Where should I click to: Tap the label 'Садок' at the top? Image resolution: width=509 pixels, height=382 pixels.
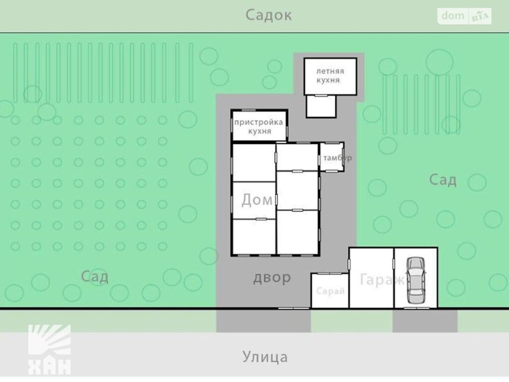[268, 15]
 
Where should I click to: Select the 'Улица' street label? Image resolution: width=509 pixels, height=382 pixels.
[265, 357]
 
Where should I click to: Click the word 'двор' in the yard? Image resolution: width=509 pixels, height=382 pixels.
[272, 278]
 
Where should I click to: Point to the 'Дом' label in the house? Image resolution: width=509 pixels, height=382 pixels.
[257, 200]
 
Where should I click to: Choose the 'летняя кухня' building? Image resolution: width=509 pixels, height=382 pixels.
[330, 76]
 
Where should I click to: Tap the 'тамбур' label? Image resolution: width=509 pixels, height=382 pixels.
[338, 158]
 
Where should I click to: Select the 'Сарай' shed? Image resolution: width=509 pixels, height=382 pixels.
[330, 291]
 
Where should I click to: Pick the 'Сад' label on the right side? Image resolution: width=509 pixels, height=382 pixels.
[443, 180]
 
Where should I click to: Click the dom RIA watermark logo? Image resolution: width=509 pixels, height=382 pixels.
[464, 16]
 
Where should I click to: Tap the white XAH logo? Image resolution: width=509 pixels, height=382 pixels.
[49, 350]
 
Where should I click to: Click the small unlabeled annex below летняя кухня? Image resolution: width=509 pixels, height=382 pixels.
[321, 106]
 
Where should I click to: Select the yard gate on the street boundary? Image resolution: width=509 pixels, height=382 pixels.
[294, 308]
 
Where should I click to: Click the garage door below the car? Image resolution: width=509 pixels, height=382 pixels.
[417, 308]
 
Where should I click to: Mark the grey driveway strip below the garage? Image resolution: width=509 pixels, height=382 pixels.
[425, 321]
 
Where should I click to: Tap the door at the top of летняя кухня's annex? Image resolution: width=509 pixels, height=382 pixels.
[321, 95]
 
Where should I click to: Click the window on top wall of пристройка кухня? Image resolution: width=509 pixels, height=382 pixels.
[248, 110]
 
